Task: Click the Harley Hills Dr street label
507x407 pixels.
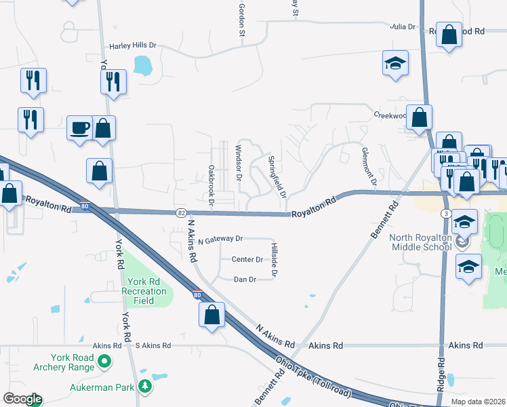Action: point(133,46)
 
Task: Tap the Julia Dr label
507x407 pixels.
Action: point(402,26)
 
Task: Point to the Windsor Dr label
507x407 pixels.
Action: point(238,163)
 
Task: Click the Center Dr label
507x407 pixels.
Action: point(247,259)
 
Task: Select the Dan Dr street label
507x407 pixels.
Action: point(245,279)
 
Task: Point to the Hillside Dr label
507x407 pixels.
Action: point(275,260)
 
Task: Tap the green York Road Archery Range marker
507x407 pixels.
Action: point(104,362)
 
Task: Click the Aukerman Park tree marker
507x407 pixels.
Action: point(144,386)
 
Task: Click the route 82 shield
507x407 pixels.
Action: point(180,213)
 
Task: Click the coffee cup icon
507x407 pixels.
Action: point(80,127)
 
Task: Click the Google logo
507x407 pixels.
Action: point(22,399)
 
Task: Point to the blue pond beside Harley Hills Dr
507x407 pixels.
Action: point(143,65)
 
